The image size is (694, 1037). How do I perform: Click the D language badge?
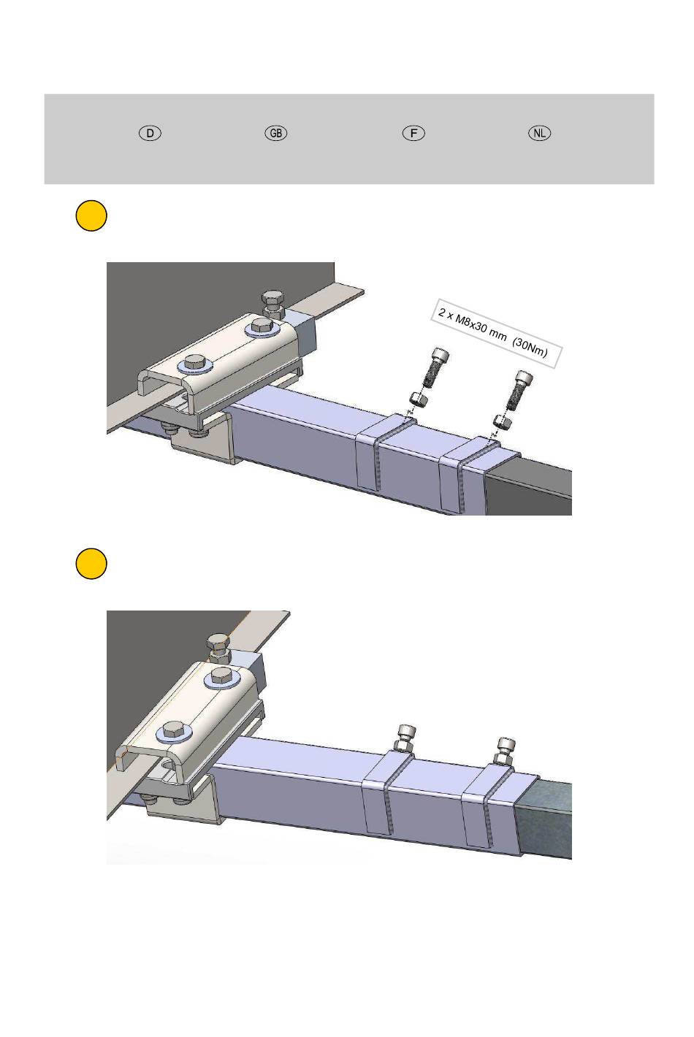tap(150, 134)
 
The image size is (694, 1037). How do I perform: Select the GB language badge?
tap(276, 134)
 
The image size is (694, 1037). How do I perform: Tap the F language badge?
tap(413, 134)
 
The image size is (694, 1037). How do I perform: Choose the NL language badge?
tap(539, 134)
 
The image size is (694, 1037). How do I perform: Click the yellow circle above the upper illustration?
tap(91, 215)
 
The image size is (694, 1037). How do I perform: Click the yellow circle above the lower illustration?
tap(91, 563)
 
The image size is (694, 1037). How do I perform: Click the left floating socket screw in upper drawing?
tap(434, 368)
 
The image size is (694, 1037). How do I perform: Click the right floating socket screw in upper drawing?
tap(519, 390)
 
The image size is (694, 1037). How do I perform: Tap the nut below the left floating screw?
tap(419, 399)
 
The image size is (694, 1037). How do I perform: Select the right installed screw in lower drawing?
tap(504, 751)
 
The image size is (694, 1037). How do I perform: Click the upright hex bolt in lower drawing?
tap(218, 648)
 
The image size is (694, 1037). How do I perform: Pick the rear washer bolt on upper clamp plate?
tap(263, 327)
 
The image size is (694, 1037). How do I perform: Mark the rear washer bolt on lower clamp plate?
tap(223, 678)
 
